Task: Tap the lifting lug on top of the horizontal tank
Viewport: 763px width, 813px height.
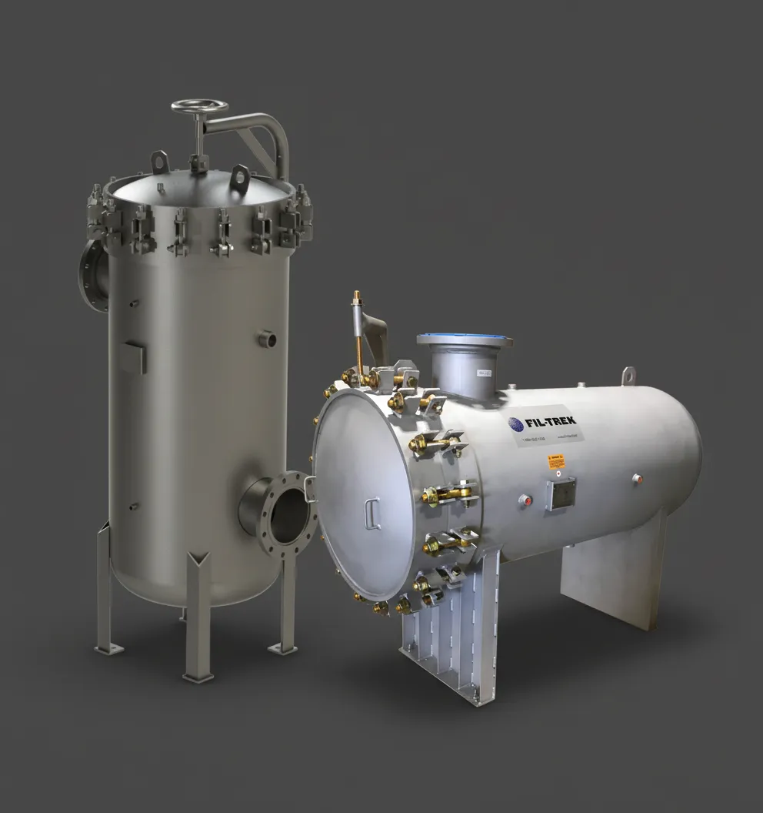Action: tap(628, 375)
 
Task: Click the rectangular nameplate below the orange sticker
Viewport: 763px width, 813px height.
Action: tap(559, 493)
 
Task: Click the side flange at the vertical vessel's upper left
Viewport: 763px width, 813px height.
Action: tap(92, 275)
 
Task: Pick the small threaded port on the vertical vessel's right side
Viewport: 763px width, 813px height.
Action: tap(267, 337)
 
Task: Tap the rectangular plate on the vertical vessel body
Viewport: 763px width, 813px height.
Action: tap(132, 357)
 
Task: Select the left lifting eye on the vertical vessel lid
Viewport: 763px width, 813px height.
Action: tap(161, 162)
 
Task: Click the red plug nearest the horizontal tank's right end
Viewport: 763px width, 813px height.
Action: tap(637, 479)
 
